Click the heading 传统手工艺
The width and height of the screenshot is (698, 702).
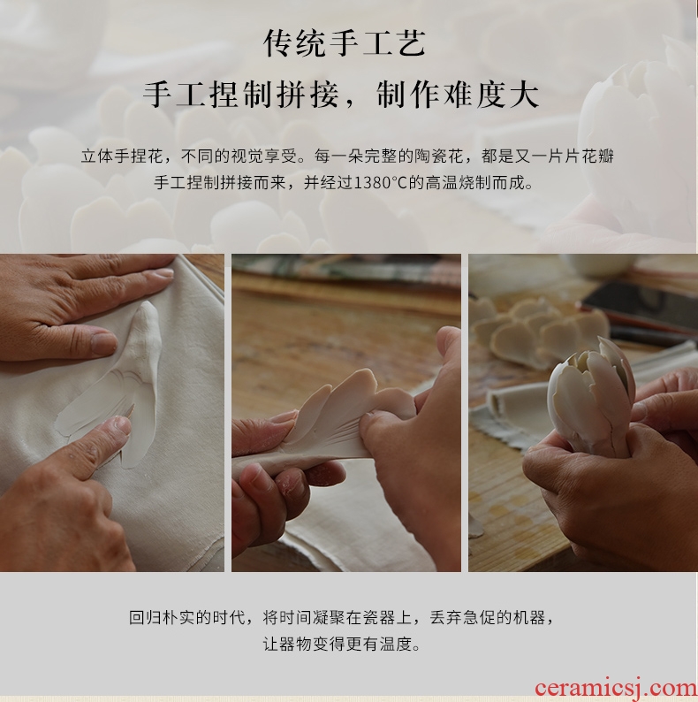click(x=345, y=43)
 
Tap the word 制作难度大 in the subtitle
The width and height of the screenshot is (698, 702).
click(x=458, y=95)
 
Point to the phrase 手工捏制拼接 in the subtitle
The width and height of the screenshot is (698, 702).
click(x=240, y=95)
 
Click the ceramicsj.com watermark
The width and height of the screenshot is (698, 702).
click(x=615, y=688)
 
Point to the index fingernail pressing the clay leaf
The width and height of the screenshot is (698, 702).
click(x=122, y=425)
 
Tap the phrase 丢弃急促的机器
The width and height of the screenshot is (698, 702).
click(x=487, y=617)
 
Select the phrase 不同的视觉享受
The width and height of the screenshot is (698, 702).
click(x=239, y=156)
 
